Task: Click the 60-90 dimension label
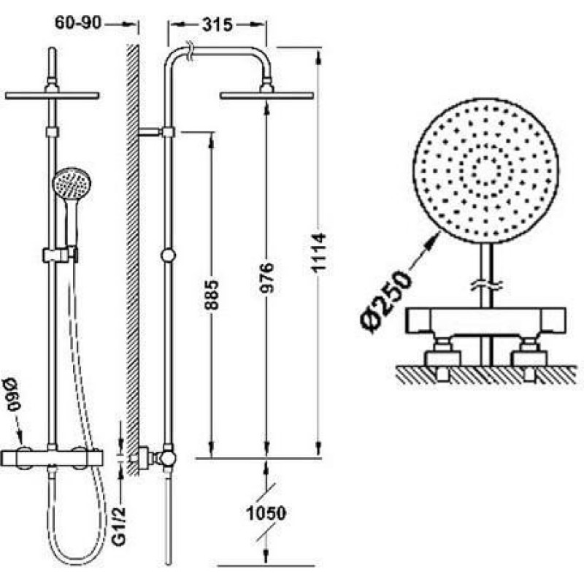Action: tap(78, 23)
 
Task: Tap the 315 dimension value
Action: tap(217, 25)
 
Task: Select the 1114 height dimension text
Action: tap(319, 253)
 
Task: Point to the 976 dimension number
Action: tap(266, 277)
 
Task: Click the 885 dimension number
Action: tap(211, 295)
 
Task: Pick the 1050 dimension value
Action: tap(266, 513)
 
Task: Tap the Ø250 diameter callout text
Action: tap(387, 302)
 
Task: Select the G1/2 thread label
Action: tap(119, 526)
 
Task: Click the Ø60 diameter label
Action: tap(12, 394)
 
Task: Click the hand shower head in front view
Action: tap(72, 183)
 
